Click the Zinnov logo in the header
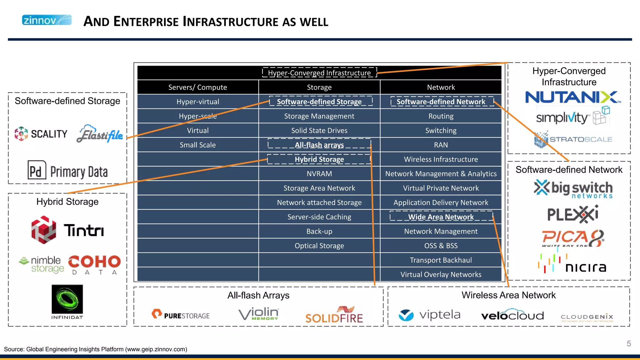coord(47,20)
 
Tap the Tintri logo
coord(67,230)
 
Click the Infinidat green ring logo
coord(67,299)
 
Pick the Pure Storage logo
coord(181,315)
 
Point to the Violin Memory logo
coord(259,314)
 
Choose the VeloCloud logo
coord(512,315)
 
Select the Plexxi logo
coord(572,214)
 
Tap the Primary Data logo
coord(67,171)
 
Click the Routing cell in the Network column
coord(441,116)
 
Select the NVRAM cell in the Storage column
coord(319,174)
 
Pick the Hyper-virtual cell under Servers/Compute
coord(197,102)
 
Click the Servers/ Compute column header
coord(197,87)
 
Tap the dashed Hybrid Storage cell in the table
coord(319,159)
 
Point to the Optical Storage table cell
coord(319,246)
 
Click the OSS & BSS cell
coord(441,246)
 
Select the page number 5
coord(629,344)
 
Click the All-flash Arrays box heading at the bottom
coord(258,295)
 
